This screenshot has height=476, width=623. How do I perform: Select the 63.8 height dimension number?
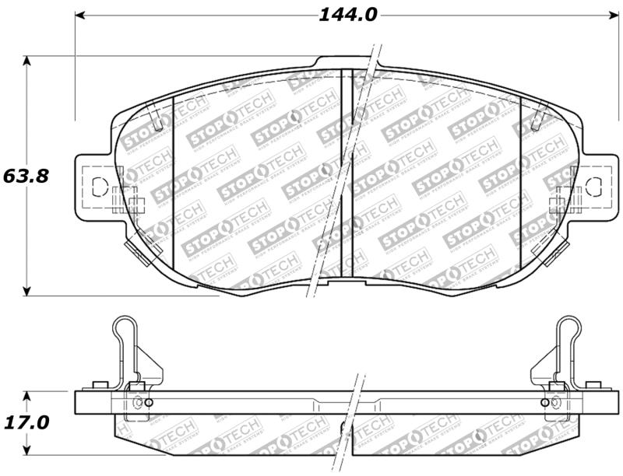coord(26,176)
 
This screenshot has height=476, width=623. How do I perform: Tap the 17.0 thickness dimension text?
coord(26,422)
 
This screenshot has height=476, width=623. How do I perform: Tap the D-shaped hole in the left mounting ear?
coord(99,187)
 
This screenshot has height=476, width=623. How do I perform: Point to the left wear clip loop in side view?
coord(124,331)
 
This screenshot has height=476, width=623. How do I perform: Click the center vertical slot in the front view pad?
coord(347,167)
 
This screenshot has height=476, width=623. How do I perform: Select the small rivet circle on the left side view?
coord(139,403)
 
